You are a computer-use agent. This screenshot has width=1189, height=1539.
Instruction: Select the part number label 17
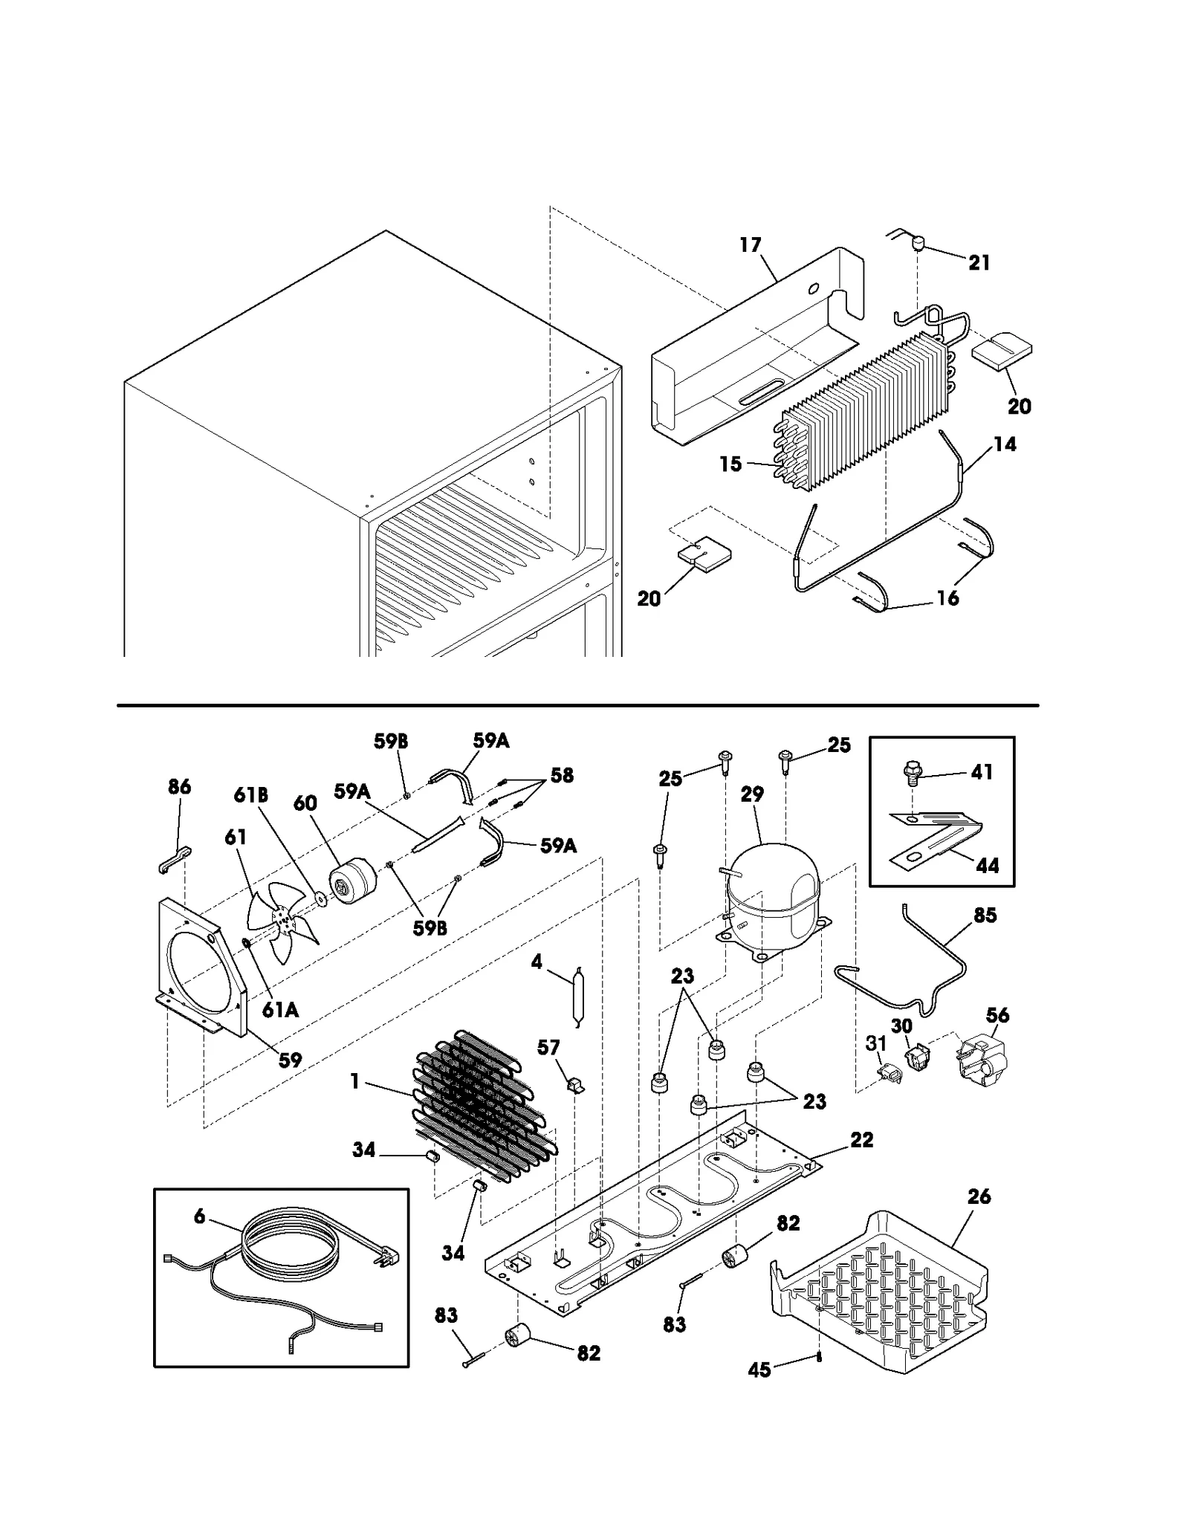tap(751, 244)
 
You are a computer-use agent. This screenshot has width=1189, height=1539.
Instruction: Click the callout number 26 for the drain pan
tap(979, 1196)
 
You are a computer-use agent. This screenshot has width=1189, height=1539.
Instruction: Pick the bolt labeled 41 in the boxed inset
tap(910, 775)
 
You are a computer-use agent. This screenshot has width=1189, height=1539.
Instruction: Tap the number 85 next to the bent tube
tap(985, 915)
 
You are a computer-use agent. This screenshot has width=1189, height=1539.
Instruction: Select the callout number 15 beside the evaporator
tap(730, 464)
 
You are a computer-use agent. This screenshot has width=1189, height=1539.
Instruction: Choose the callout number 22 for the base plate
tap(861, 1139)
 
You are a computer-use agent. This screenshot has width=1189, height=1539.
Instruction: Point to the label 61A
tap(280, 1008)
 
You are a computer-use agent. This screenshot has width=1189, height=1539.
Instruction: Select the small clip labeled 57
tap(575, 1086)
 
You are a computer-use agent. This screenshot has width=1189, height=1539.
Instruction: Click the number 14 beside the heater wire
tap(1005, 444)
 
